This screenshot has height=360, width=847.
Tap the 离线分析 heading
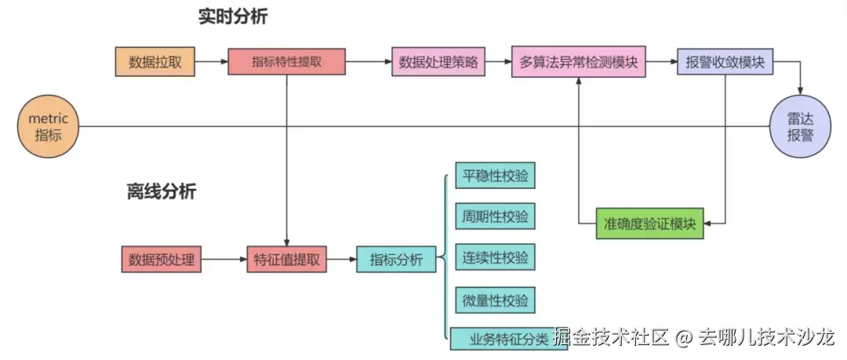click(x=162, y=191)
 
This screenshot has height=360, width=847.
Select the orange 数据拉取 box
click(x=154, y=62)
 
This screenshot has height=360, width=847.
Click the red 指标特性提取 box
click(x=286, y=62)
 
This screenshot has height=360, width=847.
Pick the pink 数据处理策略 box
click(x=438, y=62)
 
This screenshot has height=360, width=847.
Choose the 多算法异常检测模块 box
click(x=579, y=62)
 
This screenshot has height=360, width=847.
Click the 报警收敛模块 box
click(x=725, y=62)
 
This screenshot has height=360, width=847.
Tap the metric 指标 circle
click(x=49, y=126)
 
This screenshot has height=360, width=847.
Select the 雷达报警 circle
click(x=801, y=126)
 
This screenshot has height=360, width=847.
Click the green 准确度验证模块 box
click(x=650, y=224)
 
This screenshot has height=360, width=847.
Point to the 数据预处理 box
click(x=162, y=259)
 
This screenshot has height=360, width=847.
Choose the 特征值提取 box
click(x=287, y=259)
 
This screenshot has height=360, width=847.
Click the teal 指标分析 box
click(x=396, y=259)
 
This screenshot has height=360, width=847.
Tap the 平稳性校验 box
click(x=495, y=176)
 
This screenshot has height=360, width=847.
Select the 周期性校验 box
click(x=495, y=216)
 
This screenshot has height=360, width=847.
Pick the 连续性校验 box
click(x=495, y=257)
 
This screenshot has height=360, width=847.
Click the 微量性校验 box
click(x=495, y=300)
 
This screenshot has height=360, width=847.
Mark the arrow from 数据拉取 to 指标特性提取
click(x=210, y=62)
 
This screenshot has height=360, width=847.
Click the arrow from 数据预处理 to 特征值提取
click(x=224, y=259)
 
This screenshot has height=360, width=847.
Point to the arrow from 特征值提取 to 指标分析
click(x=342, y=259)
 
